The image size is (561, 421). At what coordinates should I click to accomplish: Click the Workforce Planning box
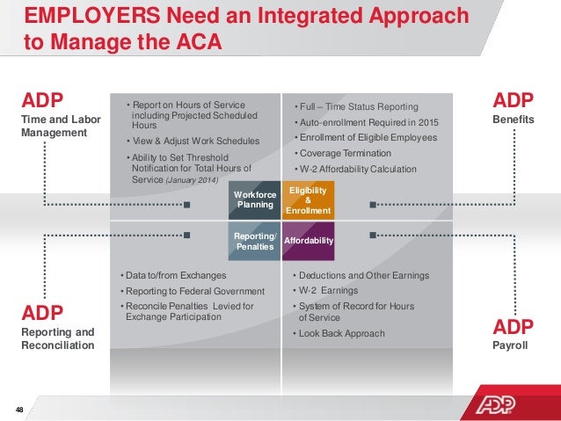[x=254, y=200]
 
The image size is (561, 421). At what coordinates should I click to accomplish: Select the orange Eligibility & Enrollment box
[x=307, y=200]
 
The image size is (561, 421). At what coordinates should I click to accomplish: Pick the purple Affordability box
[x=307, y=239]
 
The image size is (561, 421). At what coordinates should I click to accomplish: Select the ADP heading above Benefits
[x=509, y=99]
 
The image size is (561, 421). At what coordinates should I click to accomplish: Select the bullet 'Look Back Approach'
[x=342, y=333]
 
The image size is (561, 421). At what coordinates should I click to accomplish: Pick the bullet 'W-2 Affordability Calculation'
[x=358, y=170]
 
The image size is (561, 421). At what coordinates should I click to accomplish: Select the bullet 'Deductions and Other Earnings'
[x=363, y=275]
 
